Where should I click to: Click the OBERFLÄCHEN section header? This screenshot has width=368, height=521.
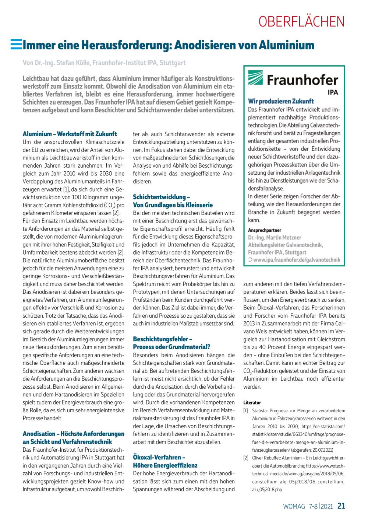click(x=301, y=22)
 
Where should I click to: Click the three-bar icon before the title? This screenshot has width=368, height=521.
click(x=16, y=44)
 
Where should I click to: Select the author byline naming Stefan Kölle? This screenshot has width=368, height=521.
click(x=104, y=63)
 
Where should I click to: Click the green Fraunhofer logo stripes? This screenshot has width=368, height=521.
click(x=255, y=78)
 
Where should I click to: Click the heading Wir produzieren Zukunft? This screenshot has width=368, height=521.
click(x=281, y=101)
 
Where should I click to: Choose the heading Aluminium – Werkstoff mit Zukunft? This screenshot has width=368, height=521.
click(x=70, y=134)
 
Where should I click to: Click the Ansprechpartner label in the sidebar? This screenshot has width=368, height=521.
click(x=264, y=230)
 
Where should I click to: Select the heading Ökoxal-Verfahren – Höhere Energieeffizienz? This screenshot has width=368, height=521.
click(x=165, y=461)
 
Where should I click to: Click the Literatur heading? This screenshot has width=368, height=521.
click(x=252, y=403)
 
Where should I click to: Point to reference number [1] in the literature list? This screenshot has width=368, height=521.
click(x=246, y=410)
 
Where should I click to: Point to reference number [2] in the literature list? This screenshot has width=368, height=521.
click(x=246, y=458)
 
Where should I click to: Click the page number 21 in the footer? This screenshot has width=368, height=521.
click(x=341, y=506)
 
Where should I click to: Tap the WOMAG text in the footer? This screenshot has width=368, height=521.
click(x=294, y=507)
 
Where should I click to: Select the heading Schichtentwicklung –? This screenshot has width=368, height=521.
click(x=162, y=197)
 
